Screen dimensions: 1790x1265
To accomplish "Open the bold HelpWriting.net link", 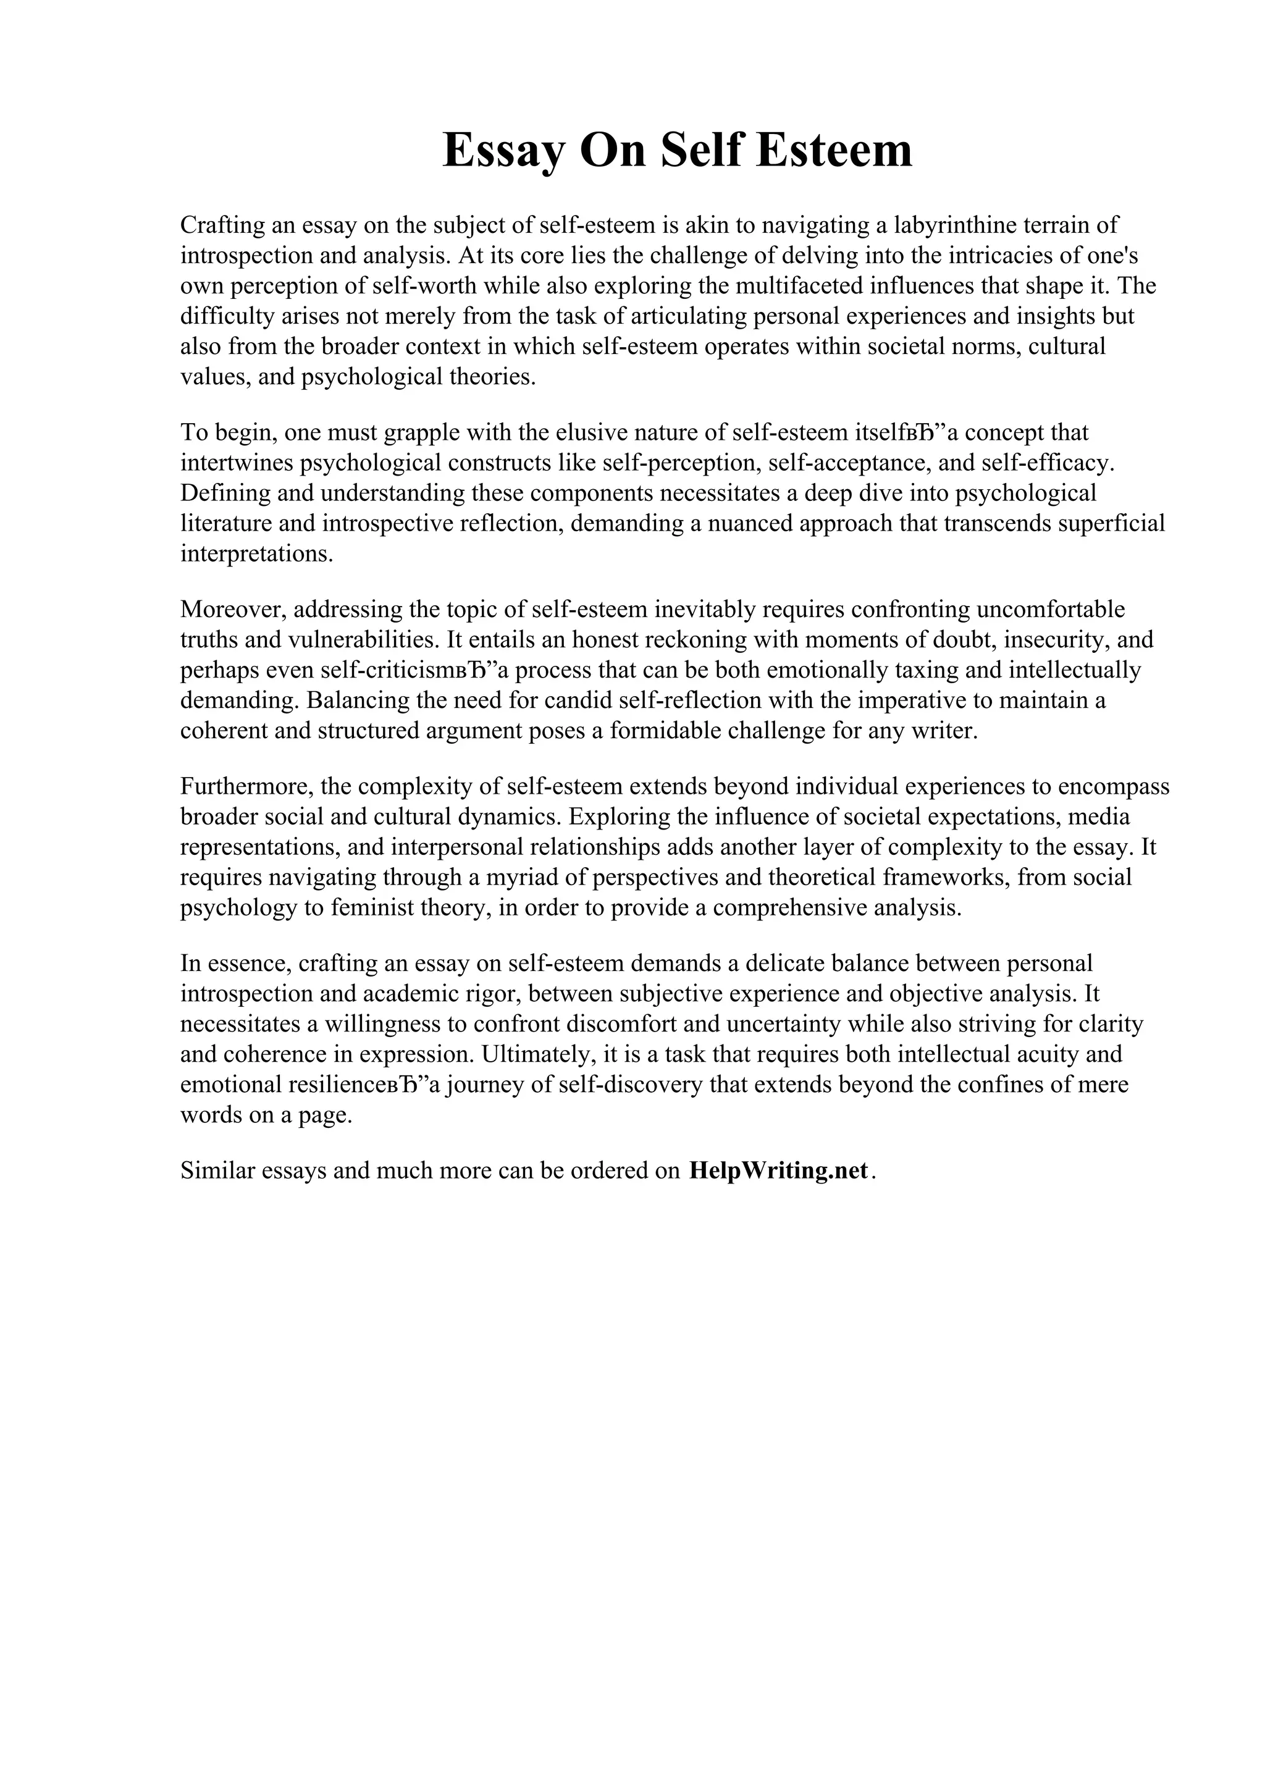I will pyautogui.click(x=778, y=1170).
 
